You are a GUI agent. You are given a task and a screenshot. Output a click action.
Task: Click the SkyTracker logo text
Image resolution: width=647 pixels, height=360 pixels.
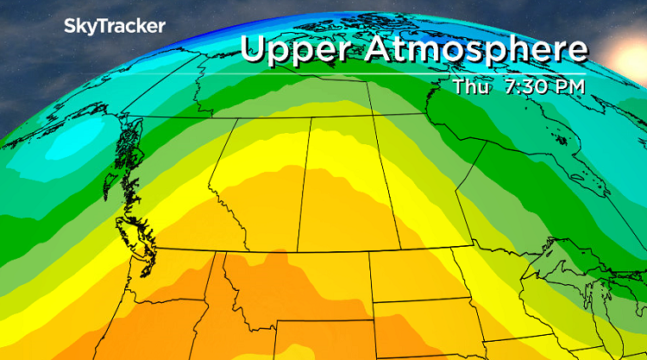coord(114,27)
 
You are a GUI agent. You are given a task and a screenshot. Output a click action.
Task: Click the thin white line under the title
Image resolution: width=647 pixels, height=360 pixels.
coord(414,74)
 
